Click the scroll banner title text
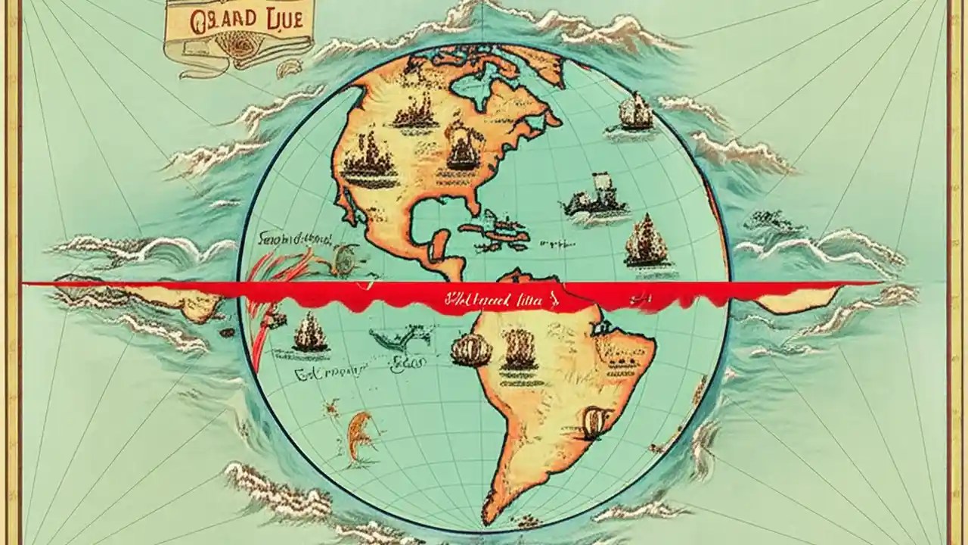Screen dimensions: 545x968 [x=237, y=20]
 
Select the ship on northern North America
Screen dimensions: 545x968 [x=414, y=114]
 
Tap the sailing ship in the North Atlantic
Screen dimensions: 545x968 [x=636, y=114]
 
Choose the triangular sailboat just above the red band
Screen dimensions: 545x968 [x=647, y=241]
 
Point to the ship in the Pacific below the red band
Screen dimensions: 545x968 [x=310, y=334]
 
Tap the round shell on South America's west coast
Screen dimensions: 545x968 [x=467, y=350]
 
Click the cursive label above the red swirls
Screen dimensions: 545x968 [x=295, y=240]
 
